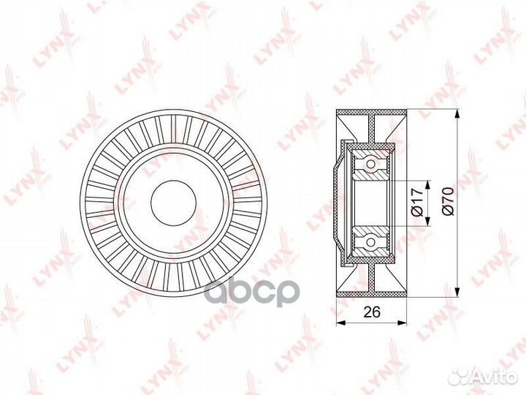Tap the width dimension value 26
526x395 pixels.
(373, 312)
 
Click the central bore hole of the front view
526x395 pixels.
(174, 201)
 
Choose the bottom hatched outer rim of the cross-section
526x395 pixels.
(373, 291)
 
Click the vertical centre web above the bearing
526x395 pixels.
(373, 132)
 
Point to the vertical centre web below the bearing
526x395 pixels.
(373, 274)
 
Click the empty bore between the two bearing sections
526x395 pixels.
(371, 203)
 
